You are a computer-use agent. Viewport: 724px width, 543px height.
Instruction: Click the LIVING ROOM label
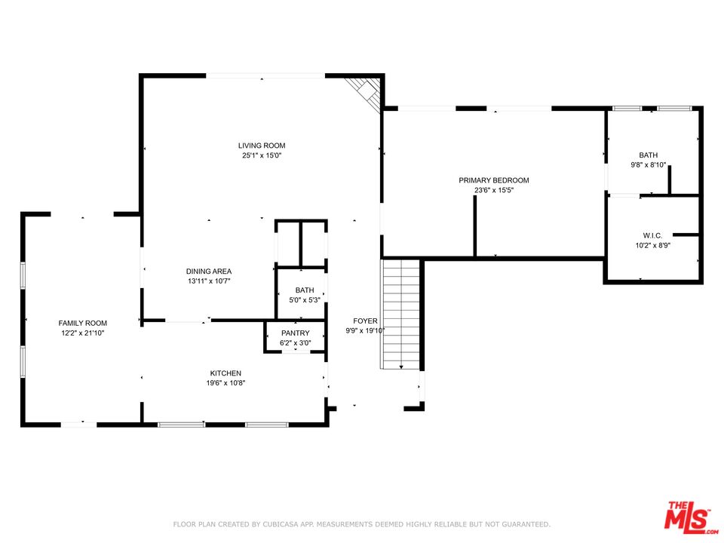pyautogui.click(x=262, y=146)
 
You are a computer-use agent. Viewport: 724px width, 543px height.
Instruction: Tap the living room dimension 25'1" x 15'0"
pyautogui.click(x=262, y=155)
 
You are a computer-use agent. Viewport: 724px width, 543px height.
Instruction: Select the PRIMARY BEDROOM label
pyautogui.click(x=493, y=180)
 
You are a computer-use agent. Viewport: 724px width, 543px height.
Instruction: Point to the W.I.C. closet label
pyautogui.click(x=652, y=235)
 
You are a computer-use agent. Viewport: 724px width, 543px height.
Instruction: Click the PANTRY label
pyautogui.click(x=296, y=333)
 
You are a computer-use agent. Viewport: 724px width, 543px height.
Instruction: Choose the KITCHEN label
pyautogui.click(x=225, y=373)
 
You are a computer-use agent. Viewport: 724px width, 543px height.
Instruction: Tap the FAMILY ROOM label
pyautogui.click(x=83, y=324)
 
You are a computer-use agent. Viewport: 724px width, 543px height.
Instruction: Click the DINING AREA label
pyautogui.click(x=209, y=271)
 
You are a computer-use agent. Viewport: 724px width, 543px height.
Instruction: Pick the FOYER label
pyautogui.click(x=365, y=321)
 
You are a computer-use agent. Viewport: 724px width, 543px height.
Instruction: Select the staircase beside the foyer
pyautogui.click(x=400, y=314)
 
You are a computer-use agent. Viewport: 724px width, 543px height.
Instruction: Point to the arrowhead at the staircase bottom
pyautogui.click(x=401, y=367)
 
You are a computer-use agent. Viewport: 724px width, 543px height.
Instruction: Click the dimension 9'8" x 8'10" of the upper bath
pyautogui.click(x=649, y=165)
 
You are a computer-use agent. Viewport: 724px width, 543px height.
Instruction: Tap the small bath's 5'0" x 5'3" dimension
pyautogui.click(x=304, y=300)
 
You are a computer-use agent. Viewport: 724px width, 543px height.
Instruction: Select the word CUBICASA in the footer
pyautogui.click(x=281, y=524)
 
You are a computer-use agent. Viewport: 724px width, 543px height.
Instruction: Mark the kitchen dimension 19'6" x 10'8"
pyautogui.click(x=225, y=383)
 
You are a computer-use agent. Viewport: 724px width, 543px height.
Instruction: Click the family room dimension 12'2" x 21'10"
pyautogui.click(x=83, y=333)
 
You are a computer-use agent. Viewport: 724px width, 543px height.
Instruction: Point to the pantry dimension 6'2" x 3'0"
pyautogui.click(x=296, y=343)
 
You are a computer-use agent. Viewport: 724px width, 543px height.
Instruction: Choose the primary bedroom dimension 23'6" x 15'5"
pyautogui.click(x=493, y=190)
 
